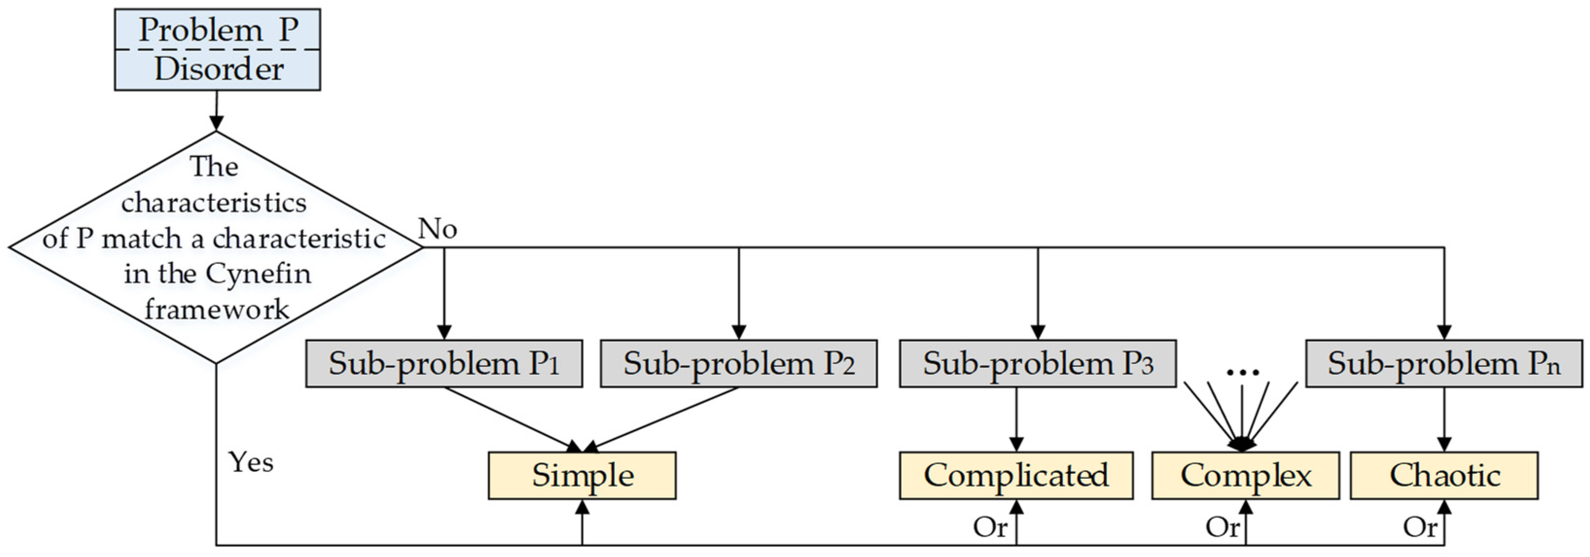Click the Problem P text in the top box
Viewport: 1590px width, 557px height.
(x=218, y=30)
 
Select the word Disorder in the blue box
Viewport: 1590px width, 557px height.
(x=218, y=69)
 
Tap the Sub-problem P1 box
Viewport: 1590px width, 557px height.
(x=444, y=364)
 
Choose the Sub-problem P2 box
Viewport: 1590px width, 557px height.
(x=738, y=364)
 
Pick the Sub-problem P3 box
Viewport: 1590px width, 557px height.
(x=1037, y=364)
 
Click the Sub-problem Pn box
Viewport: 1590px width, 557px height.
(x=1444, y=364)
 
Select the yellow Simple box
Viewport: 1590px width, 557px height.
(x=582, y=475)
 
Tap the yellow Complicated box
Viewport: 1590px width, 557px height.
(x=1016, y=475)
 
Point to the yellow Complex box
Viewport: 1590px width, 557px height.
(x=1246, y=475)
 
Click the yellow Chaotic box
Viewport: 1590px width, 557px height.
(x=1444, y=475)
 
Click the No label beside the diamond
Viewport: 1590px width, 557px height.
(x=437, y=229)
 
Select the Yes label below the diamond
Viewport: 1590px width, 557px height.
(x=250, y=462)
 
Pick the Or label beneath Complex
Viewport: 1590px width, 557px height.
(x=1222, y=527)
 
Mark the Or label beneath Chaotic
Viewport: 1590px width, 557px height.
(x=1420, y=527)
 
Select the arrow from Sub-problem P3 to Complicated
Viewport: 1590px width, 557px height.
(x=1016, y=419)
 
